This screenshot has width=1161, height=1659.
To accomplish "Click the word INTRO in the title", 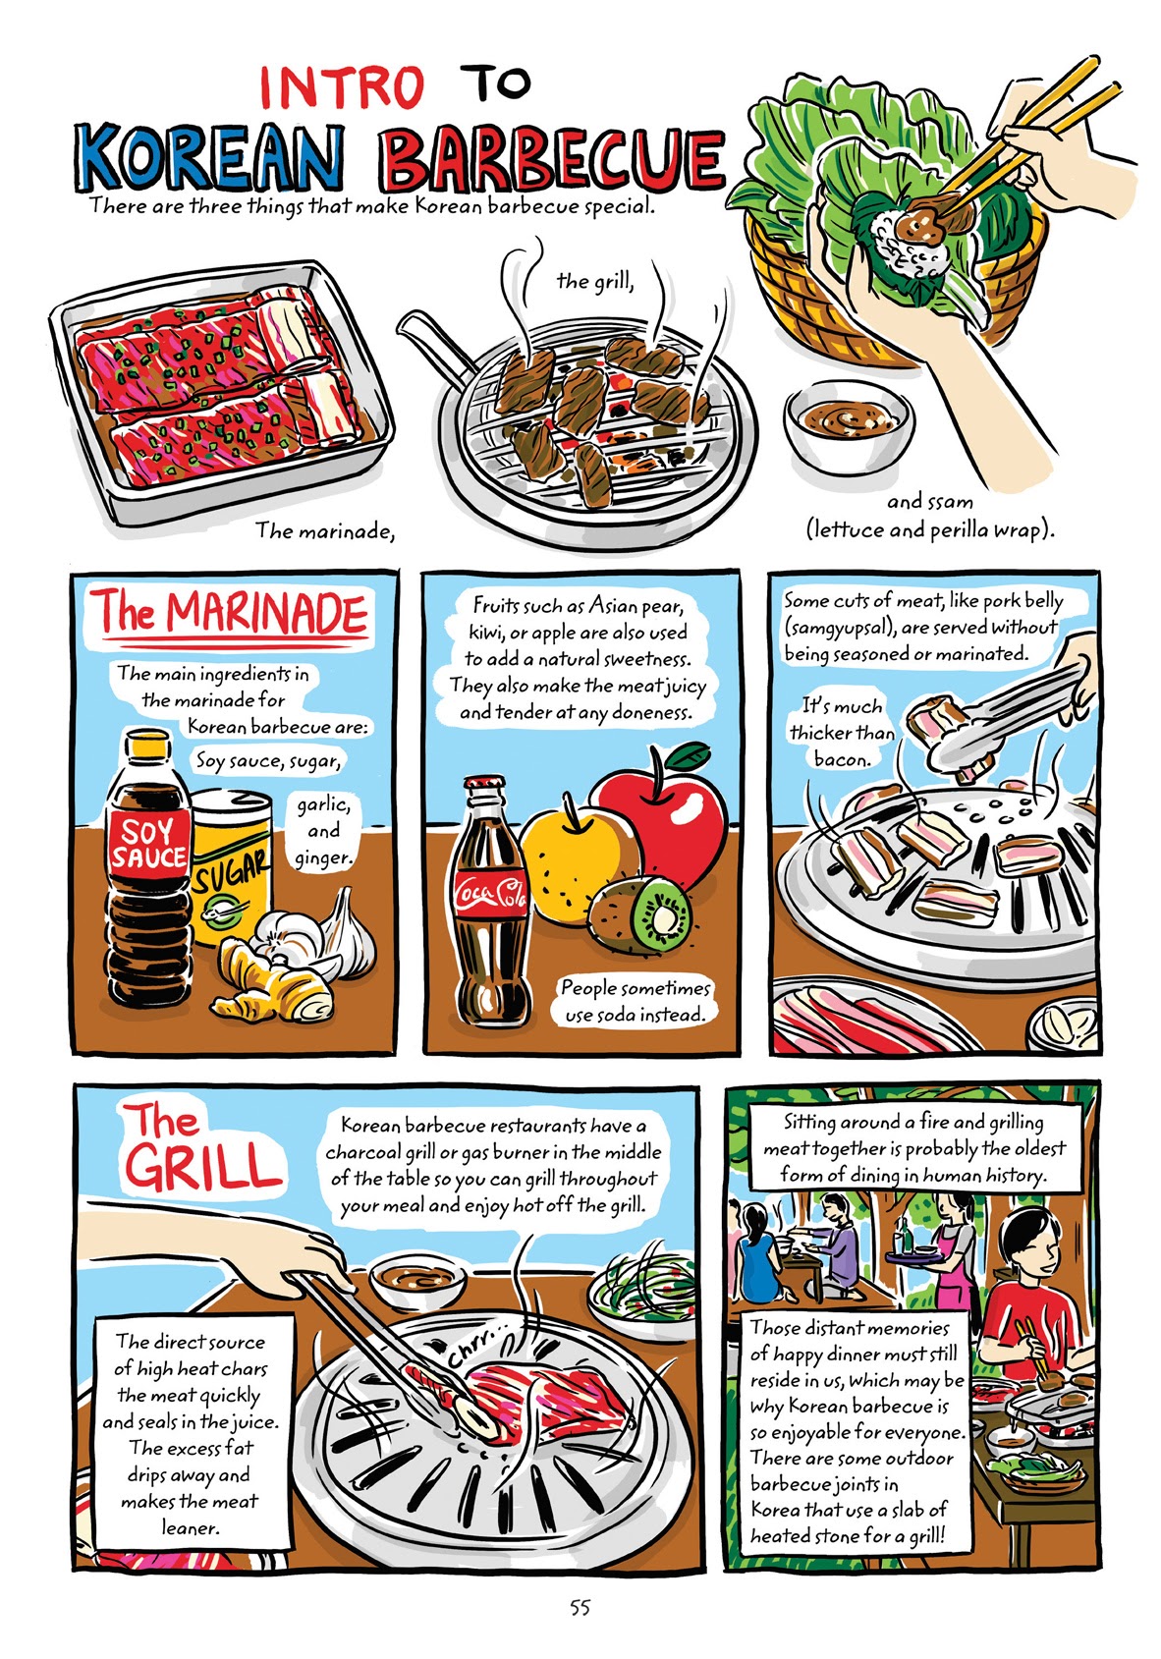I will click(341, 87).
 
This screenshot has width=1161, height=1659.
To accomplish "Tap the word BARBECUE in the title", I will click(553, 159).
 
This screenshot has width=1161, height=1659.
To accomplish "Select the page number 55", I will click(580, 1608).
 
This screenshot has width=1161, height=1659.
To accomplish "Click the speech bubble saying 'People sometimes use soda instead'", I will click(635, 1001).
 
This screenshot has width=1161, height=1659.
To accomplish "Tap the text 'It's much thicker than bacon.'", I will click(842, 732).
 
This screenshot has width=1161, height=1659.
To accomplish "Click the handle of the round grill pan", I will click(429, 346).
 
